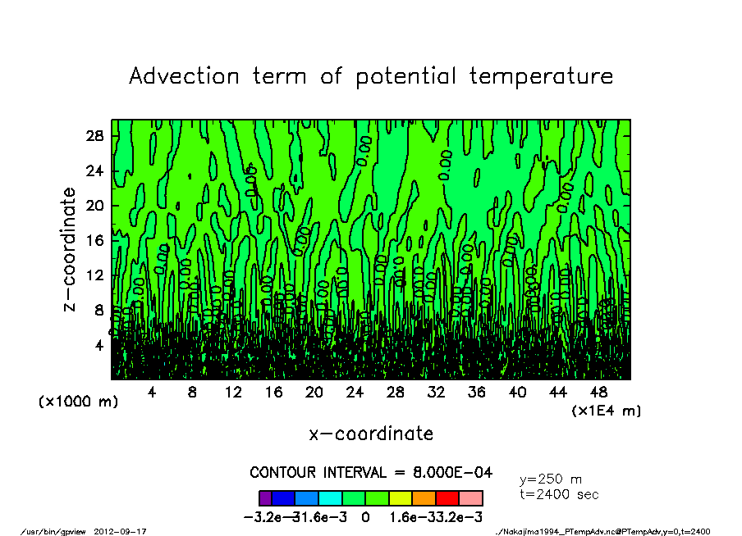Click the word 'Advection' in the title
pos(185,76)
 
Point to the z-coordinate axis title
pos(71,249)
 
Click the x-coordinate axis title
pos(371,433)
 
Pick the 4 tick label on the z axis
pos(98,345)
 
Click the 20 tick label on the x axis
pos(314,393)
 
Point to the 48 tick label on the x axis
pos(598,393)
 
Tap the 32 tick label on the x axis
pos(436,393)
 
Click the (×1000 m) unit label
pos(78,402)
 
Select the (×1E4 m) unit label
pos(606,411)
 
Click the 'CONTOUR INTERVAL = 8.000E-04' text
pos(371,473)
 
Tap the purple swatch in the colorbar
pos(265,497)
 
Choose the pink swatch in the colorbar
pos(470,497)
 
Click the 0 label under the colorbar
pos(365,517)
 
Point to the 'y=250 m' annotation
pos(551,479)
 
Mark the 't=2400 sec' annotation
pos(559,494)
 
